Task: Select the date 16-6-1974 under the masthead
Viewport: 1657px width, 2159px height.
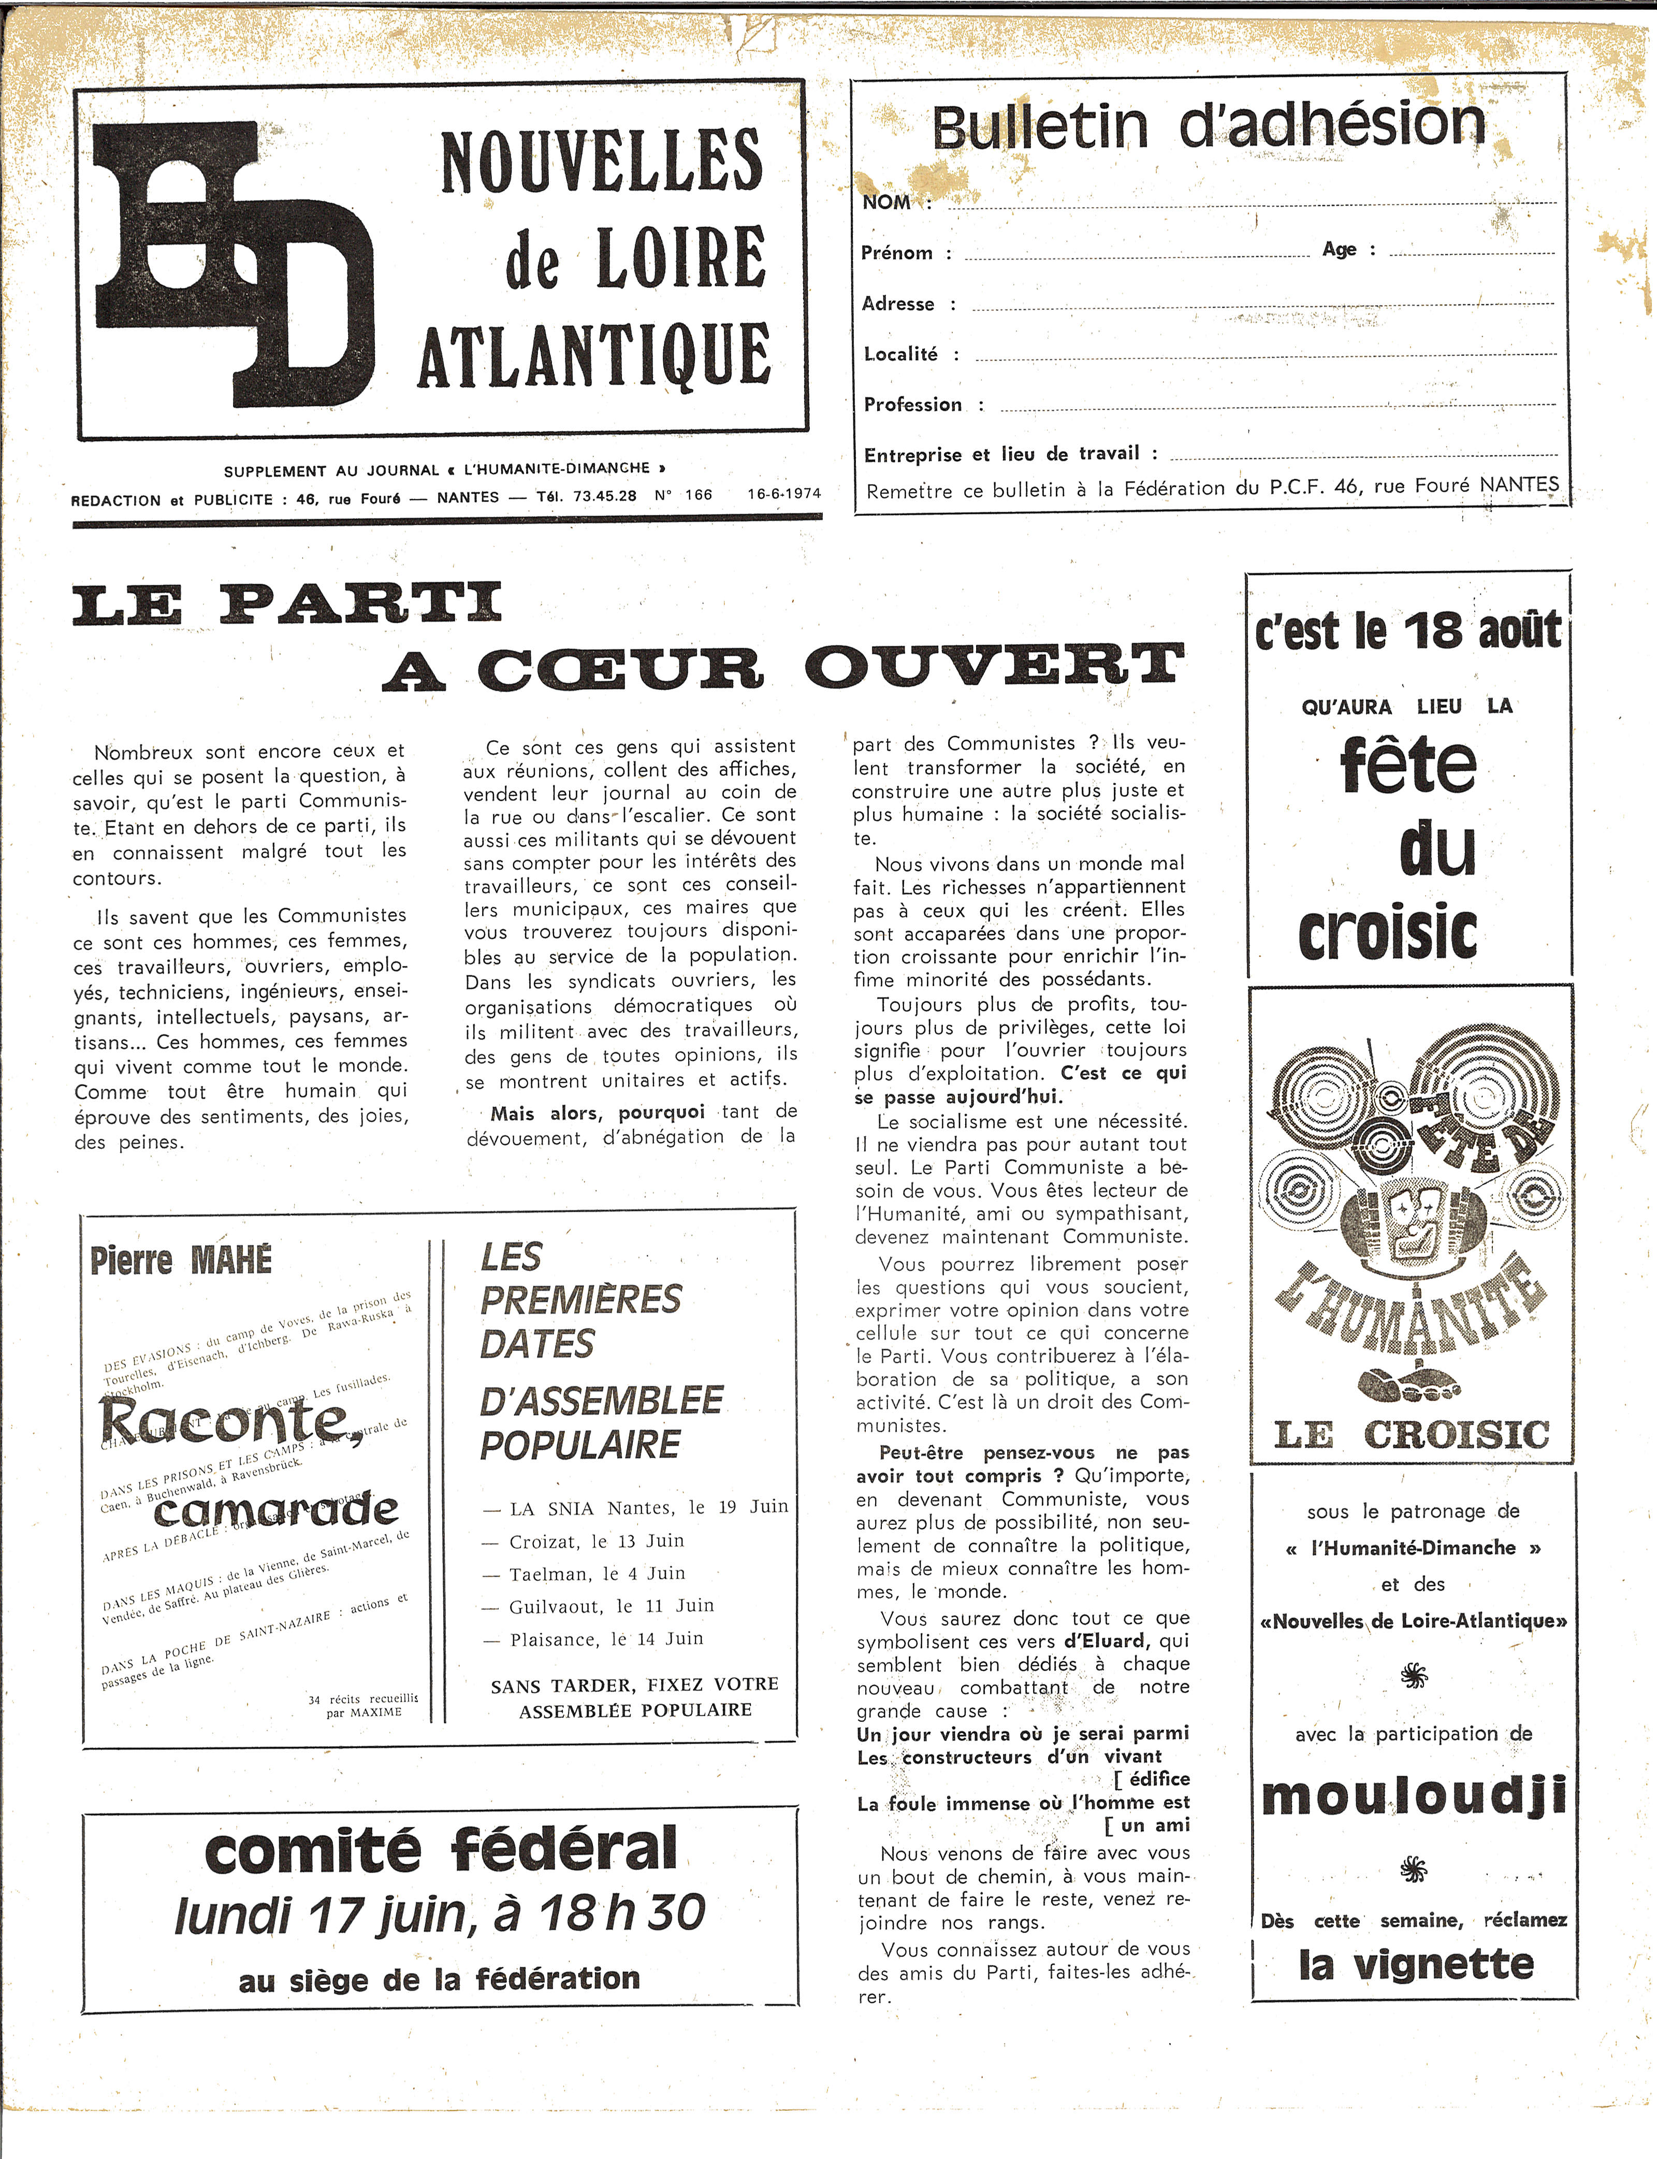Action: click(x=784, y=493)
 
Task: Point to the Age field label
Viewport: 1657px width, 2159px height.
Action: click(x=1340, y=250)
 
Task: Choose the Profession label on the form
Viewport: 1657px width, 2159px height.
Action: click(x=912, y=405)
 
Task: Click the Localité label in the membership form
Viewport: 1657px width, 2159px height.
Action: click(x=900, y=354)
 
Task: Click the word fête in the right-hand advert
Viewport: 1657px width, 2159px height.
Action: click(x=1408, y=767)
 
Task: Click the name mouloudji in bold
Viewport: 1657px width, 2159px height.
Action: click(x=1414, y=1796)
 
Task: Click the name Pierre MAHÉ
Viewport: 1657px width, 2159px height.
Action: click(x=181, y=1261)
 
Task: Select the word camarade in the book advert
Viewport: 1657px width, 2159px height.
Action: click(x=276, y=1510)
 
